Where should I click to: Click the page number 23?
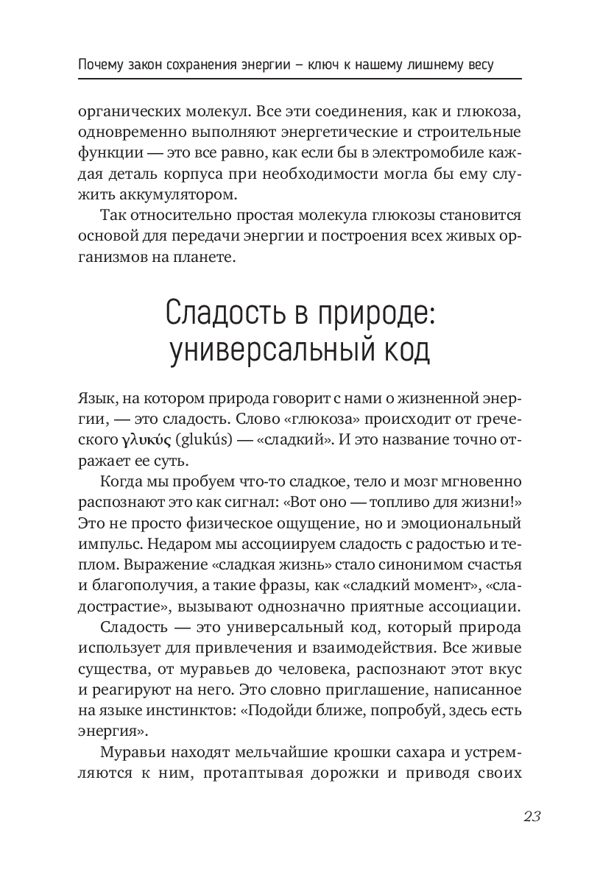coord(532,817)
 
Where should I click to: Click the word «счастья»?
coord(494,565)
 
